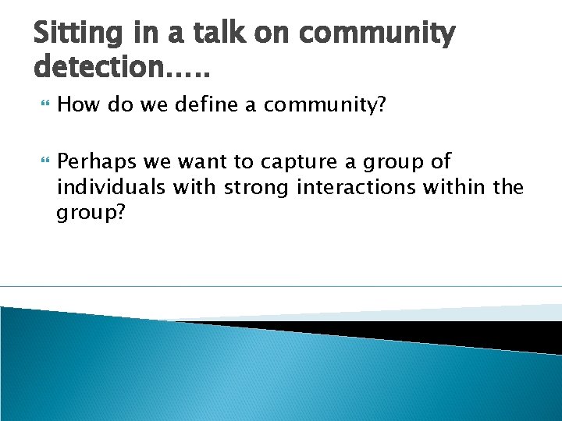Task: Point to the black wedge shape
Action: [x=468, y=331]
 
